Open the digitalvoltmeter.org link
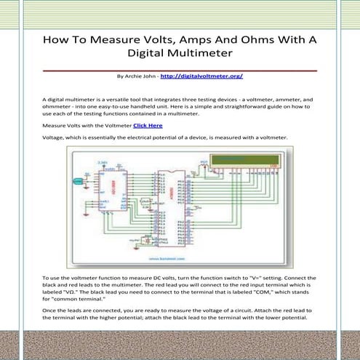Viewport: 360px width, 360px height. click(x=201, y=76)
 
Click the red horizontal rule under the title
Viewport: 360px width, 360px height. click(x=180, y=70)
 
